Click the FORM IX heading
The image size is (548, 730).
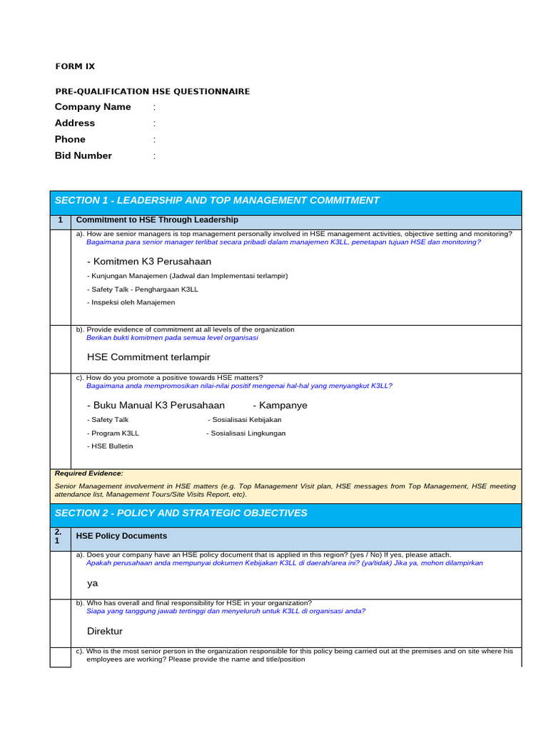tap(75, 66)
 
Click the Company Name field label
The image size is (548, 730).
tap(93, 107)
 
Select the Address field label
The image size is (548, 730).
tap(75, 123)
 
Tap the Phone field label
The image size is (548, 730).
tap(70, 140)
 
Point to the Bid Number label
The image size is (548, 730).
tap(83, 156)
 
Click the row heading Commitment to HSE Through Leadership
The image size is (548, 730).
tap(157, 220)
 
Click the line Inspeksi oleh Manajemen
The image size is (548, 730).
tap(131, 302)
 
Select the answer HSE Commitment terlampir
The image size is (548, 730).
tap(148, 357)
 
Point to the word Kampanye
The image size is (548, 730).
tap(280, 405)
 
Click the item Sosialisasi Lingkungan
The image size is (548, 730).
tap(246, 433)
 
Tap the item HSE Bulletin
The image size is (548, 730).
tap(110, 446)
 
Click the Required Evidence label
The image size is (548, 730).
tap(88, 473)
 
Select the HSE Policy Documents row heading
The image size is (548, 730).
tap(121, 536)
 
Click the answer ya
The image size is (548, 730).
tap(92, 583)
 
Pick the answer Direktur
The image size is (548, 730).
tap(105, 632)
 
